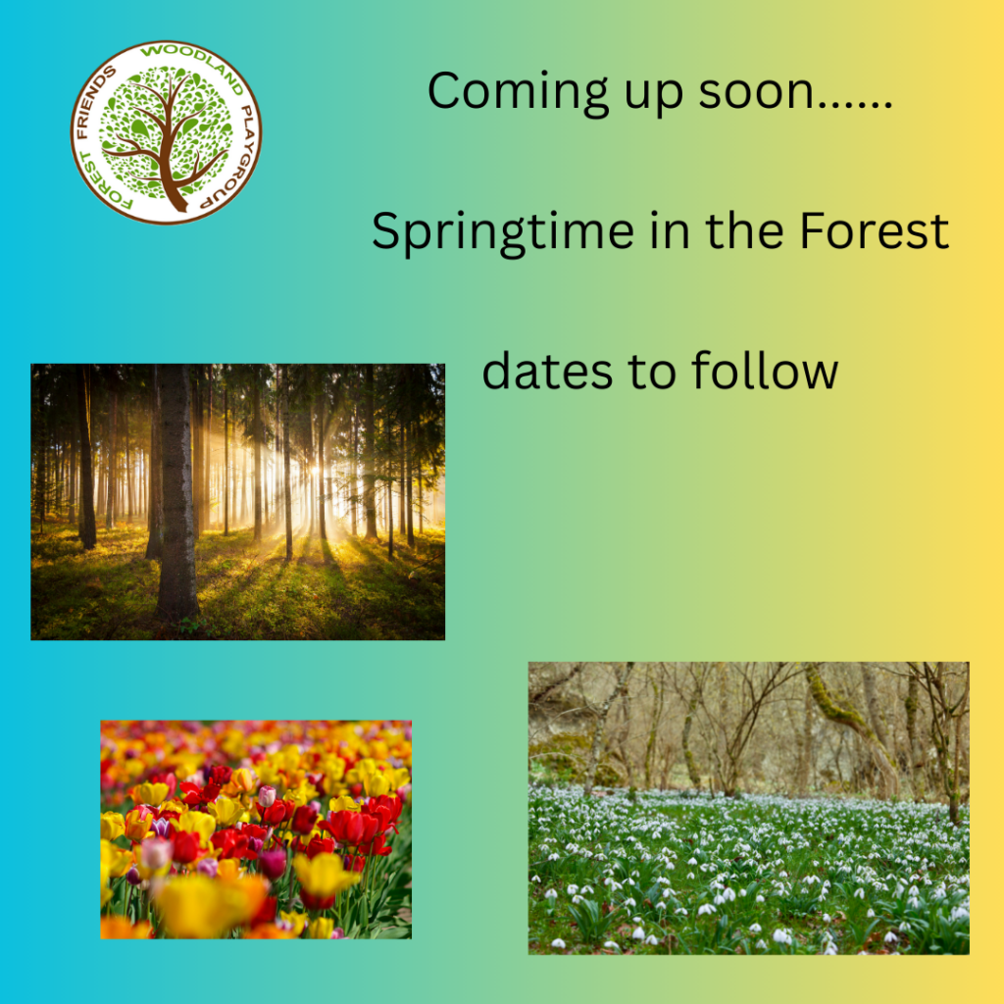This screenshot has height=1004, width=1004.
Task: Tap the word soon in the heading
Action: pos(756,91)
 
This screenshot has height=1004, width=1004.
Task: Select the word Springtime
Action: pos(503,232)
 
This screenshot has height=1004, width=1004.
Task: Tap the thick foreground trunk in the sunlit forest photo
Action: pos(176,493)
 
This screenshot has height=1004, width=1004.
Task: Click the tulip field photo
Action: pos(256,829)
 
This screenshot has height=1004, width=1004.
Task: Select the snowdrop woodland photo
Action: pos(748,808)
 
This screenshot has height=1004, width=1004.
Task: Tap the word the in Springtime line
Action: pos(745,230)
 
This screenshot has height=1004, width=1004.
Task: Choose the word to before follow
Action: pos(652,372)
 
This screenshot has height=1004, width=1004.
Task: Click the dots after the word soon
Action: pos(854,106)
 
